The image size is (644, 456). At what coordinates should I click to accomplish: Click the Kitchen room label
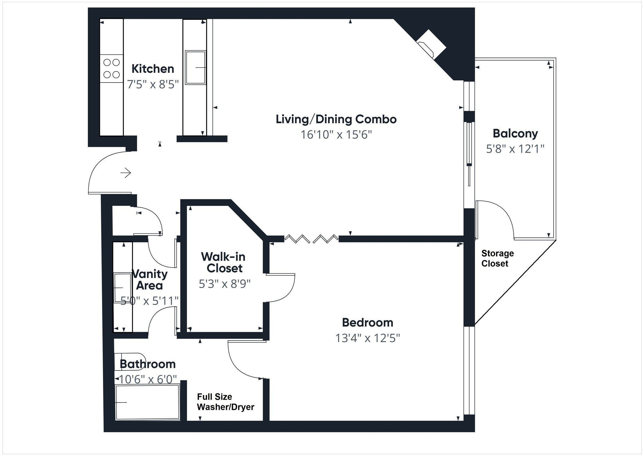pyautogui.click(x=153, y=69)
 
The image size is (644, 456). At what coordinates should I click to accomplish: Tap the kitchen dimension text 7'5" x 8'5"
pyautogui.click(x=153, y=84)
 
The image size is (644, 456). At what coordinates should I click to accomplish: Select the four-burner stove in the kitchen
pyautogui.click(x=112, y=69)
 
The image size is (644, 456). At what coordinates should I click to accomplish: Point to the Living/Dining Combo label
pyautogui.click(x=336, y=119)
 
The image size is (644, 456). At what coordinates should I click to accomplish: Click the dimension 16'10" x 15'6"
pyautogui.click(x=336, y=135)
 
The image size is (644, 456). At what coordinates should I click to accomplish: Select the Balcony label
pyautogui.click(x=515, y=134)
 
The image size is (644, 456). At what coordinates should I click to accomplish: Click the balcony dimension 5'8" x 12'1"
pyautogui.click(x=515, y=149)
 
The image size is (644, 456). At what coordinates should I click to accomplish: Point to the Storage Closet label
pyautogui.click(x=497, y=258)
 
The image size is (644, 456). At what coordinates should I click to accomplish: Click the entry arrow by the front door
pyautogui.click(x=126, y=173)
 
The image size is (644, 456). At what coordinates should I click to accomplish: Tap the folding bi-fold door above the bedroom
pyautogui.click(x=311, y=239)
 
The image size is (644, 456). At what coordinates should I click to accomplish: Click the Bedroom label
pyautogui.click(x=367, y=322)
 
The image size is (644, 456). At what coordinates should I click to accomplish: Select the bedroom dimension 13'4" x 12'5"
pyautogui.click(x=367, y=338)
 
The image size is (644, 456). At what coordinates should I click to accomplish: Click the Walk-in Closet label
pyautogui.click(x=224, y=262)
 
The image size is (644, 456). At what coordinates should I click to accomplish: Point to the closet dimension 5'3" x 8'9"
pyautogui.click(x=225, y=284)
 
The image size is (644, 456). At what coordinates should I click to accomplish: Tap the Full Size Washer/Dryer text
pyautogui.click(x=225, y=402)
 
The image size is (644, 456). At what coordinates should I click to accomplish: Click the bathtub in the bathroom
pyautogui.click(x=147, y=402)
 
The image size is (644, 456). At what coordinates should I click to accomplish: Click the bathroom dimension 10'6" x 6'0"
pyautogui.click(x=148, y=379)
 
